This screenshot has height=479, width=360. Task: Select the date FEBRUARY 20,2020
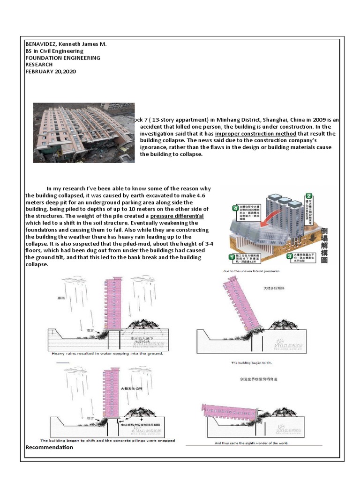point(51,72)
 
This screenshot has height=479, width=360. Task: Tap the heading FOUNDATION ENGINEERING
point(62,58)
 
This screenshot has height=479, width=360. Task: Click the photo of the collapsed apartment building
point(83,132)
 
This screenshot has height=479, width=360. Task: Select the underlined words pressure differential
point(177,216)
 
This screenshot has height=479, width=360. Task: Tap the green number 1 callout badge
point(231,256)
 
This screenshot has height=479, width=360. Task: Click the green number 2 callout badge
point(309,196)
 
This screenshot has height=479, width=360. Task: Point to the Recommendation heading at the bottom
point(49,447)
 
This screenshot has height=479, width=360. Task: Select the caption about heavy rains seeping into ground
point(108,354)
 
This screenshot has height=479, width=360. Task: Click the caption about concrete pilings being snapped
point(108,440)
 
